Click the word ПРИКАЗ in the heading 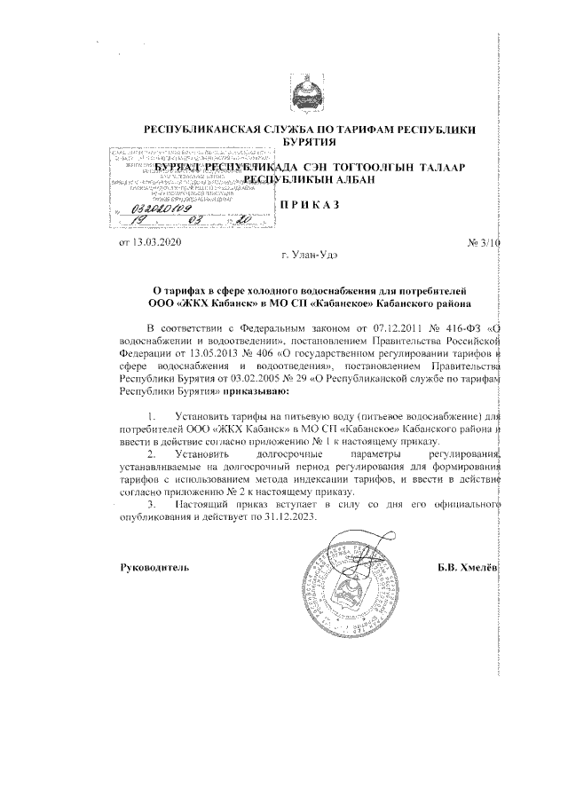pos(311,205)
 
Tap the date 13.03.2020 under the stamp pos(146,242)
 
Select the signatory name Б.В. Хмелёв pos(468,566)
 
